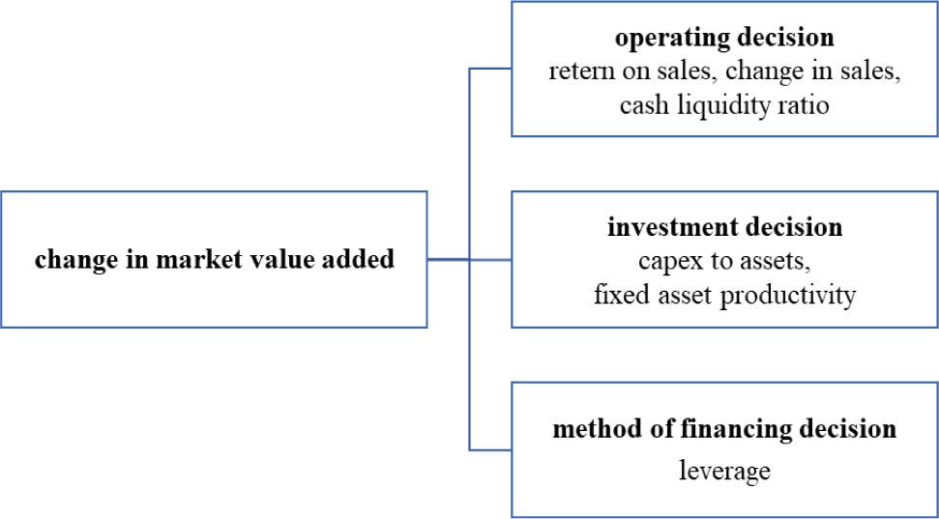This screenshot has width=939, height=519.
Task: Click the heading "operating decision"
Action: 724,39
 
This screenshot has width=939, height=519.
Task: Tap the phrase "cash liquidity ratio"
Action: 724,104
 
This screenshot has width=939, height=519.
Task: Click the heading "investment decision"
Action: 724,228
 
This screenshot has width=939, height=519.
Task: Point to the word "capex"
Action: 666,261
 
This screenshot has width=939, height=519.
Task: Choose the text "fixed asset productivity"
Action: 724,294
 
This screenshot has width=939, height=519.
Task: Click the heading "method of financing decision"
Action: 724,427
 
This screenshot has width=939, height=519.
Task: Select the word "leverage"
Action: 724,471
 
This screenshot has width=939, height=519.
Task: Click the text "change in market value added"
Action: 214,259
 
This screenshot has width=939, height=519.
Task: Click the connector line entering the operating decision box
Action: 490,69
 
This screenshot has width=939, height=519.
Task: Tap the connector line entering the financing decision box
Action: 490,449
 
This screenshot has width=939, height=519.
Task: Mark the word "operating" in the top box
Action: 660,39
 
